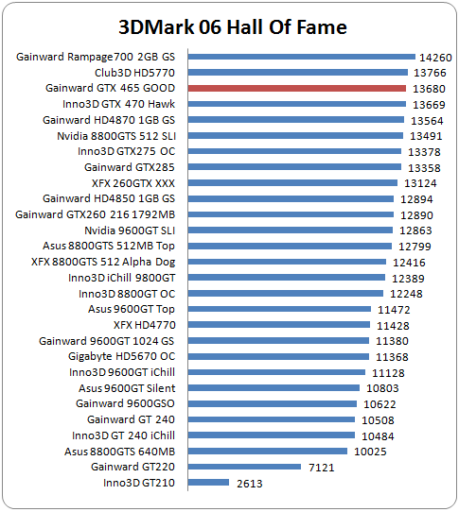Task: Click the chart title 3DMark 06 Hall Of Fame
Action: [233, 26]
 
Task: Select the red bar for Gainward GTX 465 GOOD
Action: [297, 88]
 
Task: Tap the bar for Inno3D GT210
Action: [208, 483]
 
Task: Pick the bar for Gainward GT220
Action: [244, 467]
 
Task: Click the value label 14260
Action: [435, 58]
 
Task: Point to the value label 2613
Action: [250, 484]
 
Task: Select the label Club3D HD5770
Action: [134, 73]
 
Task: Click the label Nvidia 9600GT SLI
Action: [130, 230]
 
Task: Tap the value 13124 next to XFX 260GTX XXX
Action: [420, 183]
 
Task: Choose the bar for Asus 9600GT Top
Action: [279, 309]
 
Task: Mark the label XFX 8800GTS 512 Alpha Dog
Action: [103, 262]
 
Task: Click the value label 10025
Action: [370, 452]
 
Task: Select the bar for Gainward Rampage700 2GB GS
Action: [302, 57]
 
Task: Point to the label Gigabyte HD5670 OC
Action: [122, 356]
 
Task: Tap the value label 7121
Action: [322, 468]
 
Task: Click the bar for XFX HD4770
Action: [279, 325]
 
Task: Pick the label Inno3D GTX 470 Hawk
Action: [118, 104]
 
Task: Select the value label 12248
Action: [406, 294]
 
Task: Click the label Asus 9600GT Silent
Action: [127, 388]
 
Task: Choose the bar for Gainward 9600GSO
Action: [273, 404]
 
